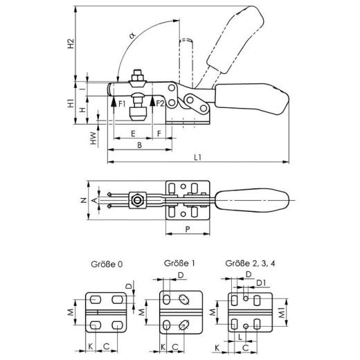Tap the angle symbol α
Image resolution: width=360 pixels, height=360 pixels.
point(132,37)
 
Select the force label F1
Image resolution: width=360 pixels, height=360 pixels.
point(122,104)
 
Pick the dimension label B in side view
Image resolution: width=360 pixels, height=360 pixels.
point(139,145)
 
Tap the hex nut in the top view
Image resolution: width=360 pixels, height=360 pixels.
point(137,201)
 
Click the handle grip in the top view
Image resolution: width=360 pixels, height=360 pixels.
point(251,201)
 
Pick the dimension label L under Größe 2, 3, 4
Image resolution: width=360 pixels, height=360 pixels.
point(240,336)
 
